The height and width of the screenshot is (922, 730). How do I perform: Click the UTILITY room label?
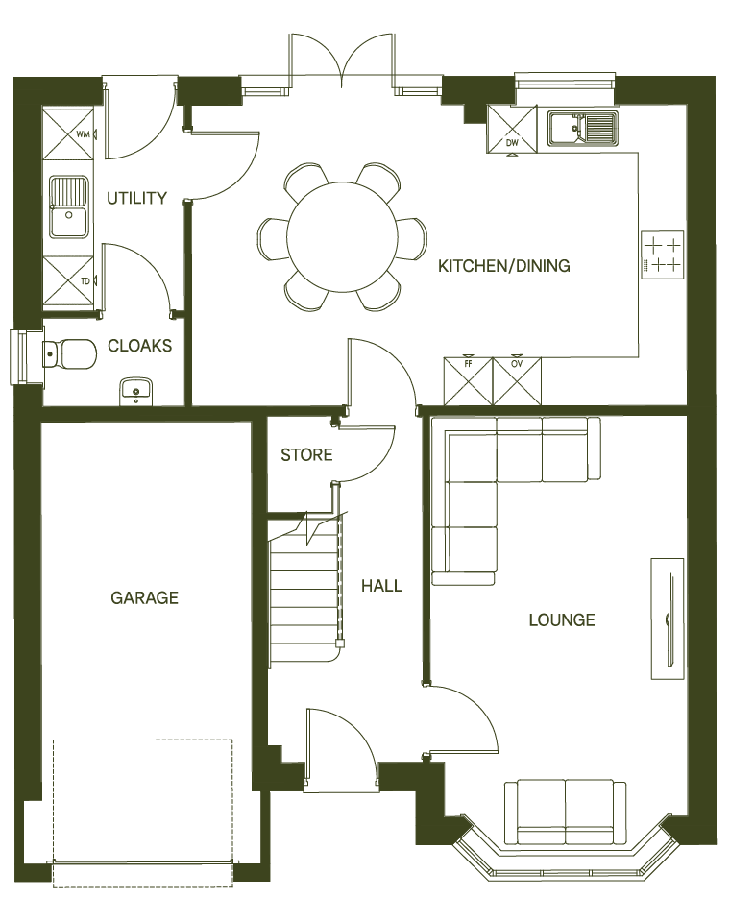[x=136, y=199]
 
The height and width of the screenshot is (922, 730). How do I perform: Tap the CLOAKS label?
[x=140, y=346]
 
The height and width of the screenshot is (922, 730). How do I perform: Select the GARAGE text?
[x=144, y=598]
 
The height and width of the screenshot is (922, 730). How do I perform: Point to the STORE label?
[x=306, y=455]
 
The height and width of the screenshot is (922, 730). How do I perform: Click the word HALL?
[x=381, y=586]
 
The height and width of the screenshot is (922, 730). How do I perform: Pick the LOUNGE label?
[x=562, y=620]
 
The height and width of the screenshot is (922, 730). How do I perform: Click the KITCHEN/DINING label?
[x=504, y=266]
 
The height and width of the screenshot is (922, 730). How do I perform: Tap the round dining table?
[x=343, y=236]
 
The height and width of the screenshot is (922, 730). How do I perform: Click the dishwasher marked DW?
[x=512, y=128]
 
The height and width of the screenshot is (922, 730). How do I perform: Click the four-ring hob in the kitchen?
[x=663, y=255]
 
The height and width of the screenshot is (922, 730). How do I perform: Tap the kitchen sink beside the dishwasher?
[x=583, y=129]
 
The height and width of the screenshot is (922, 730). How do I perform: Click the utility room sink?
[x=69, y=207]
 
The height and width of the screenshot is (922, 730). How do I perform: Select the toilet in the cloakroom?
[x=69, y=354]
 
